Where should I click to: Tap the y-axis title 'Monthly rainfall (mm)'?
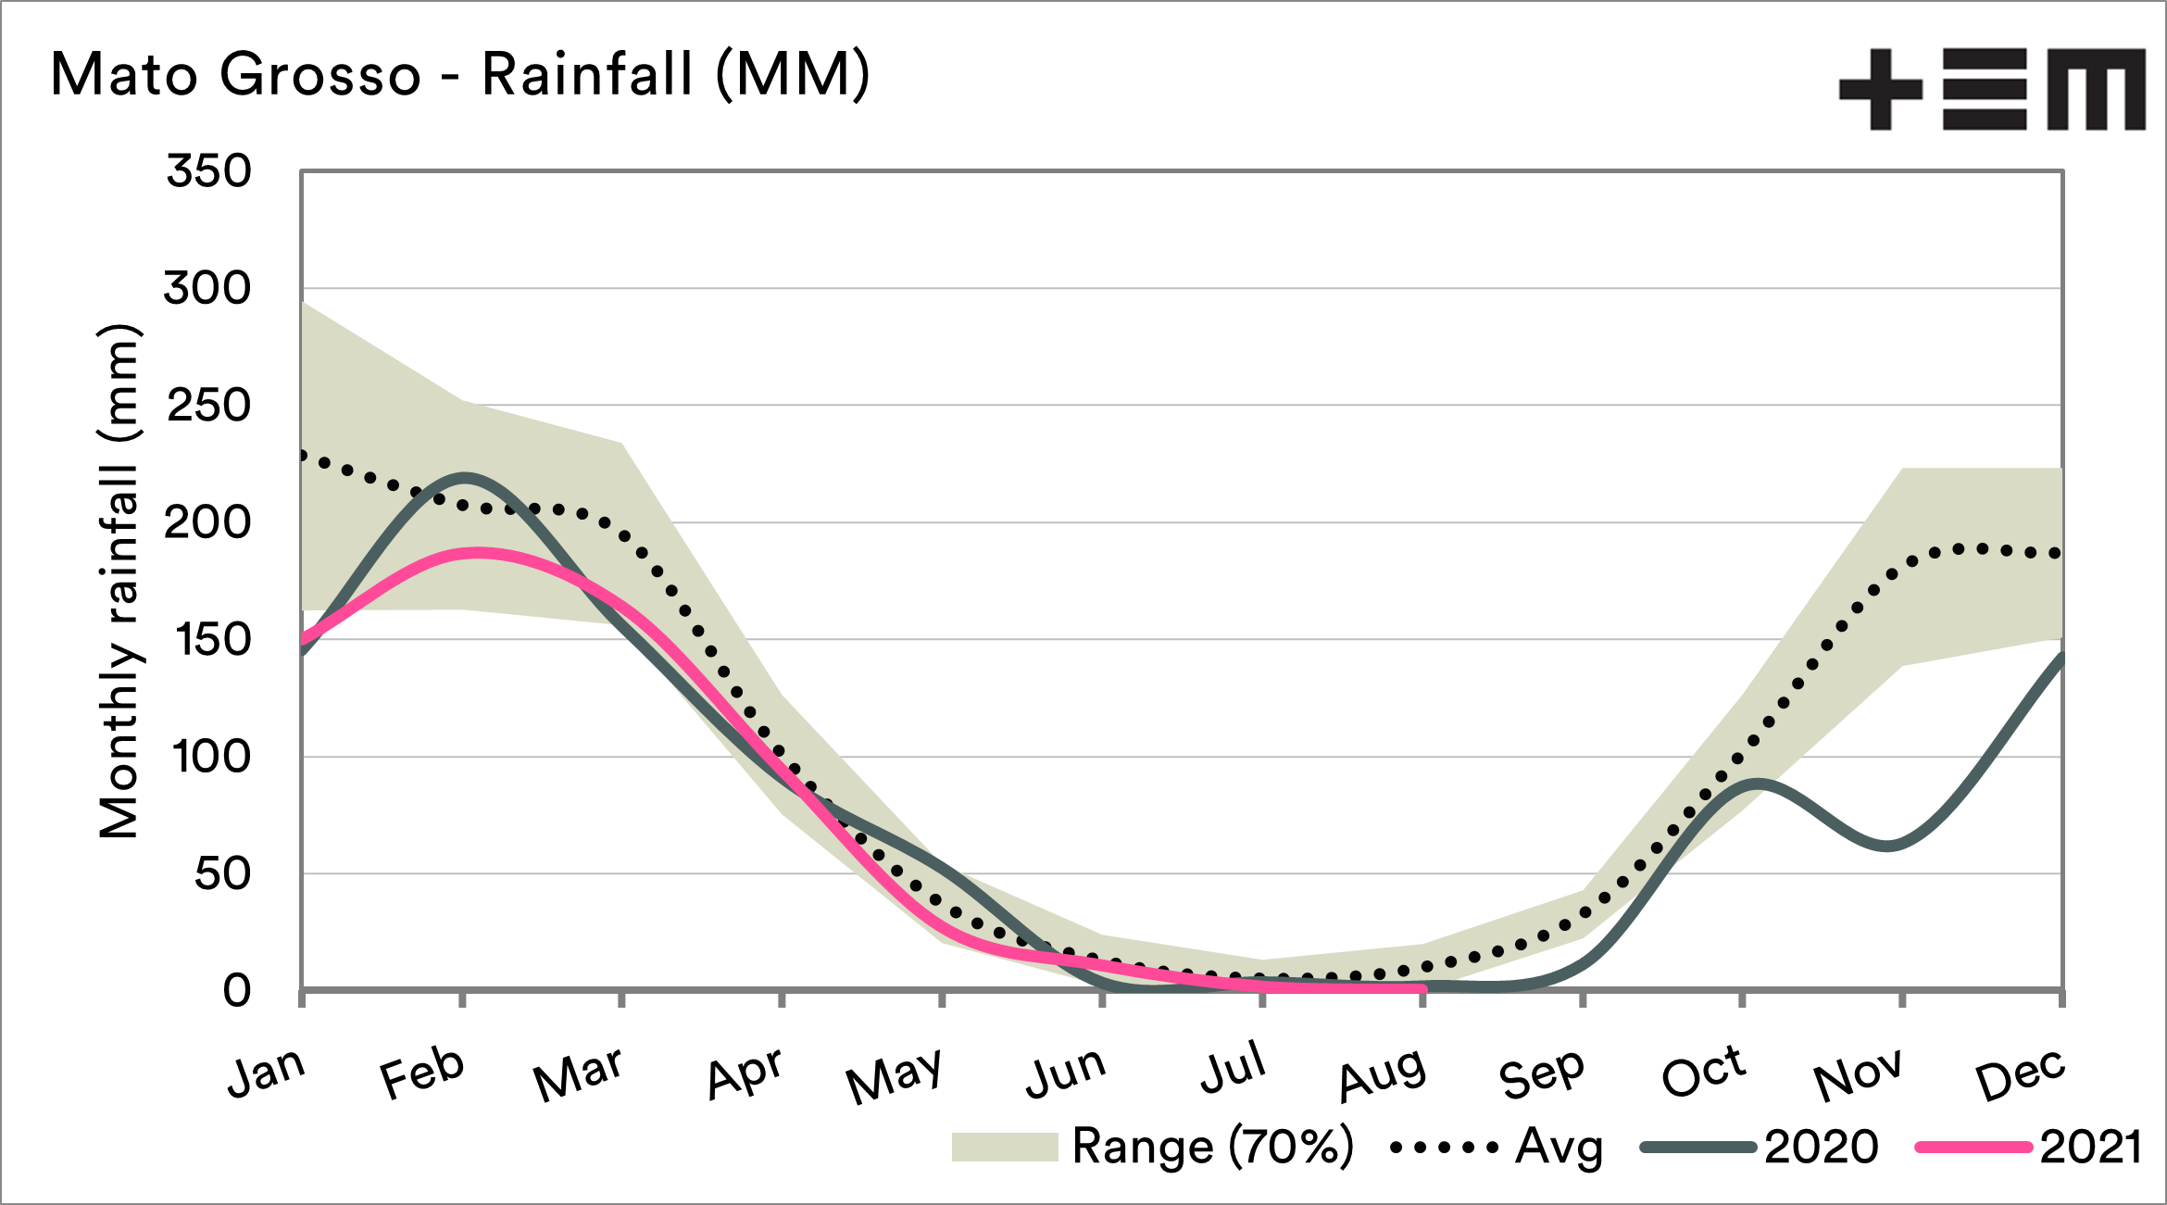[119, 582]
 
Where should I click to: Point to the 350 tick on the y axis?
[209, 171]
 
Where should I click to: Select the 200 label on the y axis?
[207, 523]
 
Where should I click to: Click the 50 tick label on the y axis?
[222, 874]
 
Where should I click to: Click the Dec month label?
[2020, 1074]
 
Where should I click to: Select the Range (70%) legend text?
[1212, 1147]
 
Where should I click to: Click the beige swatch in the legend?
[1005, 1147]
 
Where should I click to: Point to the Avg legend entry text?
[1559, 1147]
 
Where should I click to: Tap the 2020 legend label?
[1821, 1147]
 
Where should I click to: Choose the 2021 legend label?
[2091, 1147]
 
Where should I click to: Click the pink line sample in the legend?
[1973, 1147]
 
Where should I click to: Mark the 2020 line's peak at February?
[463, 477]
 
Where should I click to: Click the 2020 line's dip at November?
[1887, 846]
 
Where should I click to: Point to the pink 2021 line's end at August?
[1422, 988]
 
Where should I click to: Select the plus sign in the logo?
[1880, 89]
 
